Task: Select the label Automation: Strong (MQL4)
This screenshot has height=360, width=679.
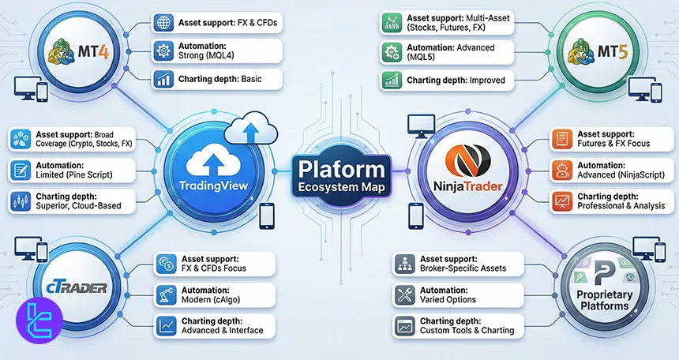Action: click(216, 51)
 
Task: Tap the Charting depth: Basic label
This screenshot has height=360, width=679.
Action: click(216, 79)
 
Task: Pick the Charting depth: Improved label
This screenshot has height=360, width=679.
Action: click(446, 80)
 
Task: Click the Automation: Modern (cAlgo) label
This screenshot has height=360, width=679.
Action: click(213, 294)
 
